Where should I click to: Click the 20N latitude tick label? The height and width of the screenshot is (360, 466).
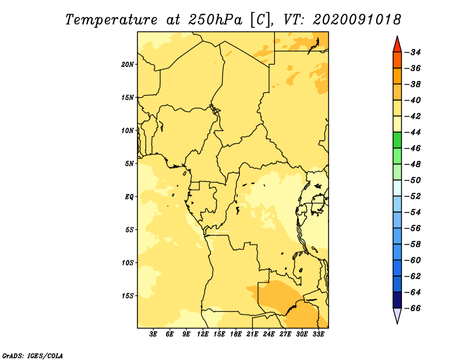point(127,65)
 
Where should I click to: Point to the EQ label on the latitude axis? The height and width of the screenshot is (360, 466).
point(129,197)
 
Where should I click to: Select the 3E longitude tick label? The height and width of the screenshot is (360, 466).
point(153,334)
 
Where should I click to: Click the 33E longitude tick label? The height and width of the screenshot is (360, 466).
point(318,334)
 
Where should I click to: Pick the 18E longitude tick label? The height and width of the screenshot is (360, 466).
point(236,334)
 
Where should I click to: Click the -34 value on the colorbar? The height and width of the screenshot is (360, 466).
point(414,52)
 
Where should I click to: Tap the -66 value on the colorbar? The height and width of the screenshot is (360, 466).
point(414,308)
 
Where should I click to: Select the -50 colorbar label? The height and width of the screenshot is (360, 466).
point(414,180)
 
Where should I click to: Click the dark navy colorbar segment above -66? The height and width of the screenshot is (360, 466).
point(397,300)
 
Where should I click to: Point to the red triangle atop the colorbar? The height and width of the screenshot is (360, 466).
point(397,44)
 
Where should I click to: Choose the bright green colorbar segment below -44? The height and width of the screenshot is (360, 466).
point(397,140)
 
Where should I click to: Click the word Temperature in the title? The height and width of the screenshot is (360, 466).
point(111,20)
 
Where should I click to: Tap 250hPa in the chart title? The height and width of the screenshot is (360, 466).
point(215,20)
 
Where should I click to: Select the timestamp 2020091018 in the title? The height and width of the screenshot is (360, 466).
point(357,20)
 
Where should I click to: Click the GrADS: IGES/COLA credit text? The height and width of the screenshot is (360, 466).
point(33,356)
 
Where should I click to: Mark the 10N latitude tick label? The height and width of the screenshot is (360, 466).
point(127,130)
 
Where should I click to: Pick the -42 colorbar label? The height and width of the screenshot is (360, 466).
point(414,117)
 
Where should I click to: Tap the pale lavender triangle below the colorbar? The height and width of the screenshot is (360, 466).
point(397,315)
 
